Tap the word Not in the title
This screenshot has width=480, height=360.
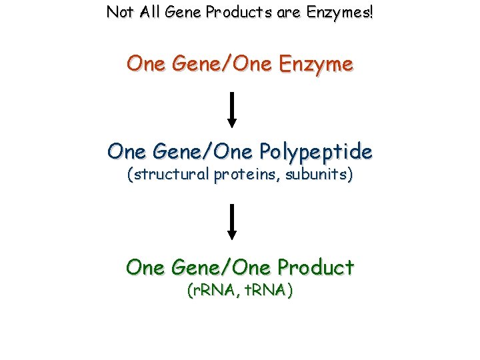point(118,12)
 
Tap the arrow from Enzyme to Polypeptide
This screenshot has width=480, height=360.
point(232,109)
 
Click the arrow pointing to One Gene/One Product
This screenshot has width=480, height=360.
point(232,221)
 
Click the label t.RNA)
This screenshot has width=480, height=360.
point(269,291)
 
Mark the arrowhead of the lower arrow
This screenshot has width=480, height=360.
point(232,234)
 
